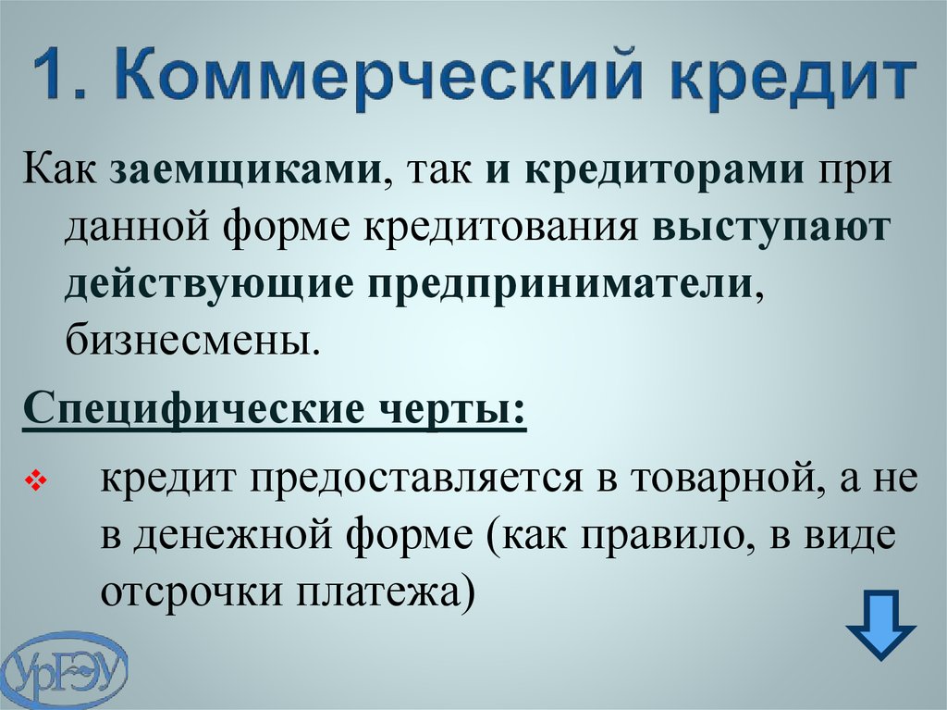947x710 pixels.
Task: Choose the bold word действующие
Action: coord(209,284)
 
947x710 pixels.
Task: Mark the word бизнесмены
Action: coord(191,341)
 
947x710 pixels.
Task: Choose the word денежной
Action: coord(232,535)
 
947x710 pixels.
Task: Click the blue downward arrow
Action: coord(881,625)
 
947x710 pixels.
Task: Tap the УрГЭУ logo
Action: coord(64,669)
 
